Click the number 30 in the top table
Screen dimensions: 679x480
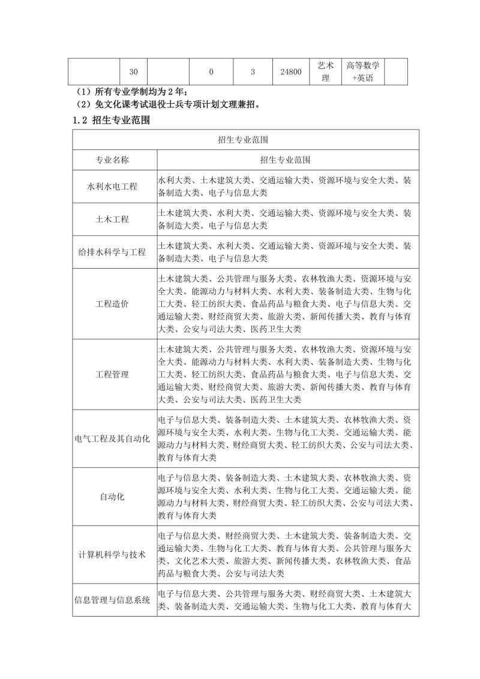coord(134,72)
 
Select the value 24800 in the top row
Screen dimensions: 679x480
coord(290,72)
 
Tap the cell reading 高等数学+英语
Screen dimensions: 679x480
coord(362,71)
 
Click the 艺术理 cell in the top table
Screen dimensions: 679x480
coord(326,71)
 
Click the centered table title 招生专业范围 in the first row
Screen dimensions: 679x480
coord(242,139)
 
